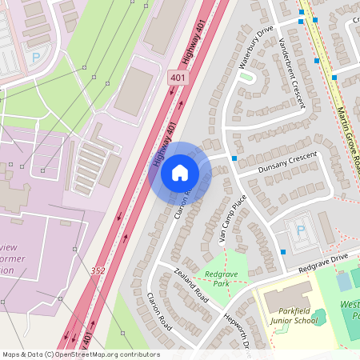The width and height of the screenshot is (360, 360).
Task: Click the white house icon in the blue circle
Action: [180, 172]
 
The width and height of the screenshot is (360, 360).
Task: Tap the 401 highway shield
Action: [178, 78]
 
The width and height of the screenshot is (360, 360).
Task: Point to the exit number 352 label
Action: [98, 270]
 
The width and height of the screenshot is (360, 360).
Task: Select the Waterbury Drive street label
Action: [255, 47]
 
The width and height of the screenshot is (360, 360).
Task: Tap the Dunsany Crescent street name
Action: [288, 164]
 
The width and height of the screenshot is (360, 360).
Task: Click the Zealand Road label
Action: [190, 286]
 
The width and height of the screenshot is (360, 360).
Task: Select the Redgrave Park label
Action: [222, 279]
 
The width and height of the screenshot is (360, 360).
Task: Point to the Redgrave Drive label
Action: [322, 262]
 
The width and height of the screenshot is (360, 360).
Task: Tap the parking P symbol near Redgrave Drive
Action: [301, 230]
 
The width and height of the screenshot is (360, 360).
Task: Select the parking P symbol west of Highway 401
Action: [35, 58]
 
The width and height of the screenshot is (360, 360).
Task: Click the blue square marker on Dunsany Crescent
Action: [234, 159]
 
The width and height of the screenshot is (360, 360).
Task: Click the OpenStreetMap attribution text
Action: [81, 354]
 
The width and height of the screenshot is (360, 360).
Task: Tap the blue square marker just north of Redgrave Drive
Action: [283, 252]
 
